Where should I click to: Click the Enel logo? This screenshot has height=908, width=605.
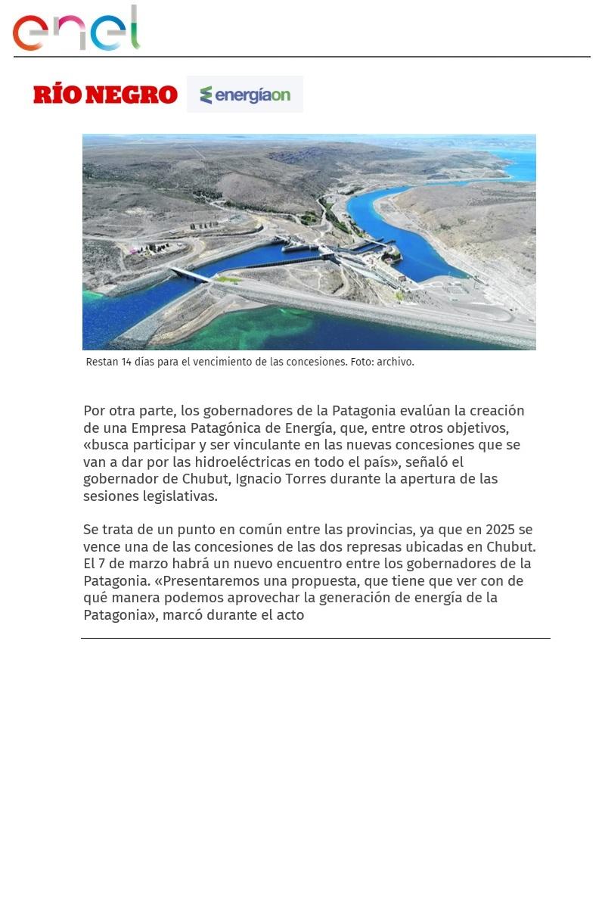click(76, 29)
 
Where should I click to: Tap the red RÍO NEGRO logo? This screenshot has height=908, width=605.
click(105, 95)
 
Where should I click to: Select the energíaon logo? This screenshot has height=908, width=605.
click(245, 95)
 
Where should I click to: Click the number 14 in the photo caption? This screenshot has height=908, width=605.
click(126, 362)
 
